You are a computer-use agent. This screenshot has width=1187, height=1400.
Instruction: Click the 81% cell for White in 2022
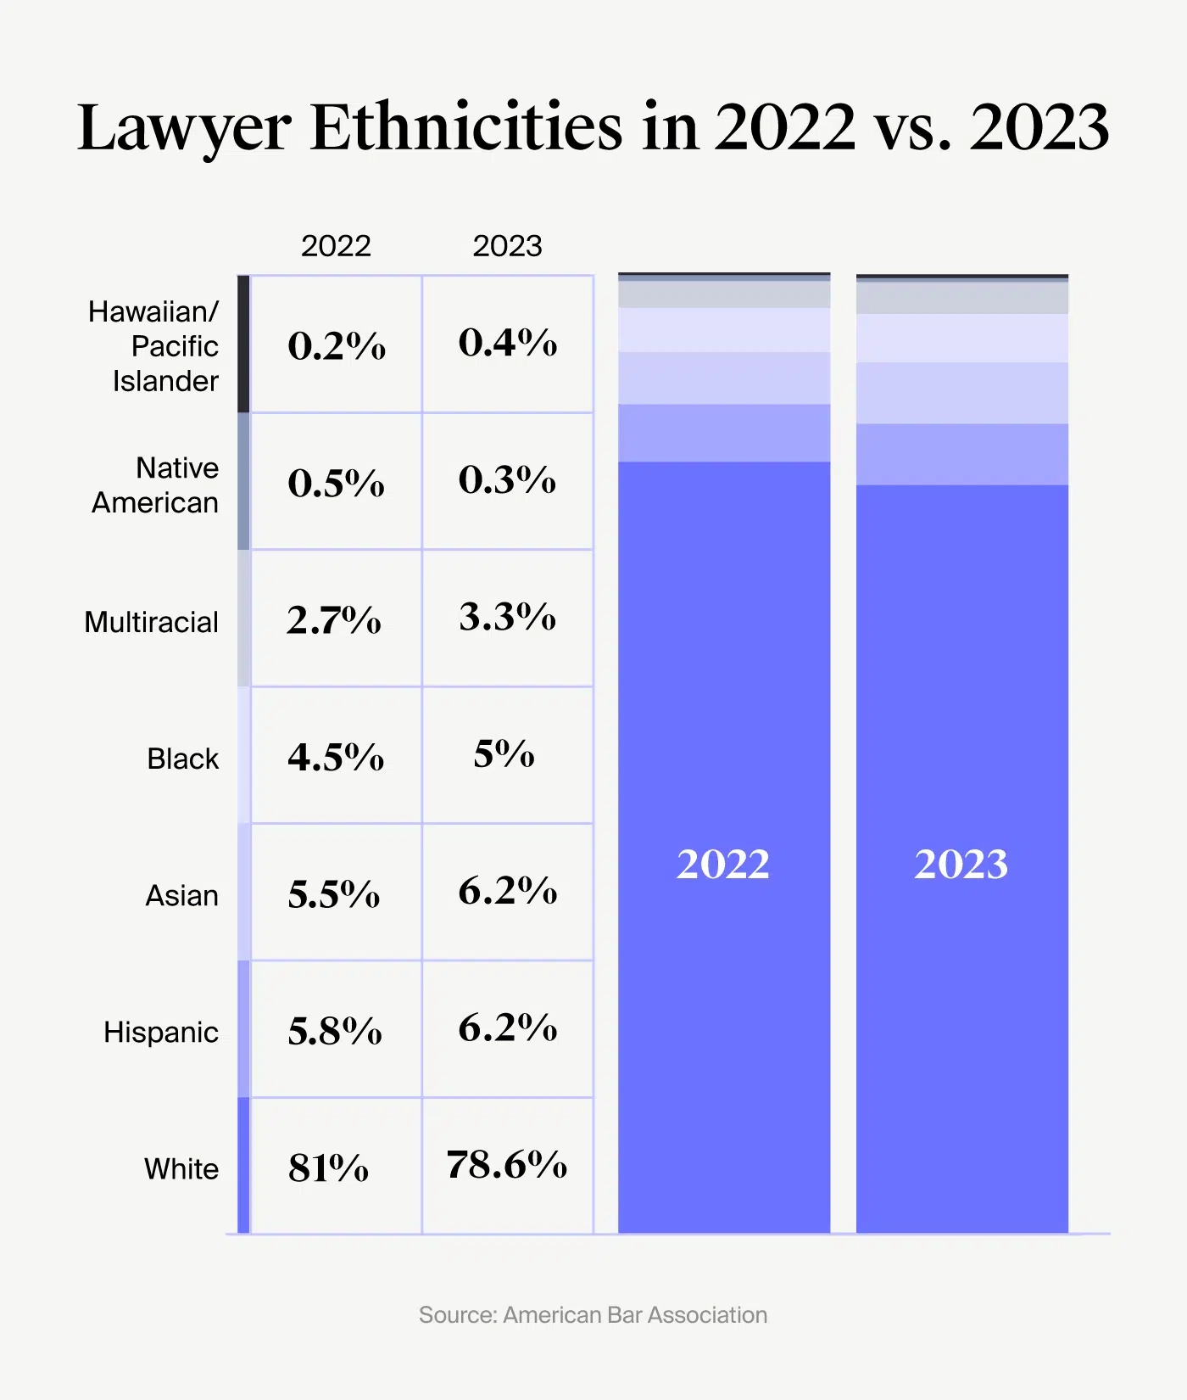(x=328, y=1168)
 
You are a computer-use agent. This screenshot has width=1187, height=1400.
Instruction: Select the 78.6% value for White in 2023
(x=506, y=1165)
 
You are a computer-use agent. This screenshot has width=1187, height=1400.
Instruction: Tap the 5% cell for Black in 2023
(x=504, y=754)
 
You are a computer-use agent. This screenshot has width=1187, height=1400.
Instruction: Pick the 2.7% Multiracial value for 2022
(x=334, y=620)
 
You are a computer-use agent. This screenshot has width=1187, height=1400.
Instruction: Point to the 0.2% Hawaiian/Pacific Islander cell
(x=337, y=345)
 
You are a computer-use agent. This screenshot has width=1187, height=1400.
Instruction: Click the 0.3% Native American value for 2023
(x=507, y=480)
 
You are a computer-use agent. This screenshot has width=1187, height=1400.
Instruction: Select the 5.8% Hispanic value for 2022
(x=335, y=1031)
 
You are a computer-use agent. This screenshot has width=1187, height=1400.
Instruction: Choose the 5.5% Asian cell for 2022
(x=334, y=894)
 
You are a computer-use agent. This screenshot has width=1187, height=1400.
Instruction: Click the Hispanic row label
(x=161, y=1032)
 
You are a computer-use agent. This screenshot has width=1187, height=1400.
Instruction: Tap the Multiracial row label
(x=152, y=622)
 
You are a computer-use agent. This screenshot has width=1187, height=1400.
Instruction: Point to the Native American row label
(x=156, y=485)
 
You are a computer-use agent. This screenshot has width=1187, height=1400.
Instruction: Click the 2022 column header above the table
(x=336, y=246)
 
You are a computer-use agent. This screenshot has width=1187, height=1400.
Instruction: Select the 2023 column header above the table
(x=507, y=246)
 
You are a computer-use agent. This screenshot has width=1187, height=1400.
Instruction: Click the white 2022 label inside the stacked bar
(x=723, y=865)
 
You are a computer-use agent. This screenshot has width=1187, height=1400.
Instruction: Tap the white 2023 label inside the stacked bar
(x=961, y=865)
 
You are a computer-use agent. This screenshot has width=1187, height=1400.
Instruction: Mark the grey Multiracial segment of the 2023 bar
(x=961, y=298)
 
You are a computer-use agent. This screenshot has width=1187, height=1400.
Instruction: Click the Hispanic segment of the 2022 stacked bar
(x=723, y=433)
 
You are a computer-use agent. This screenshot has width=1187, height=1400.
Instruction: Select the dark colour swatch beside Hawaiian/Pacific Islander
(x=243, y=344)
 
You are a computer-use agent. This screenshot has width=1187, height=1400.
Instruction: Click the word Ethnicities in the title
(x=466, y=127)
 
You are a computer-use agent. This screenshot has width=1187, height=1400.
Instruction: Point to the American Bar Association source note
(x=593, y=1315)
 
